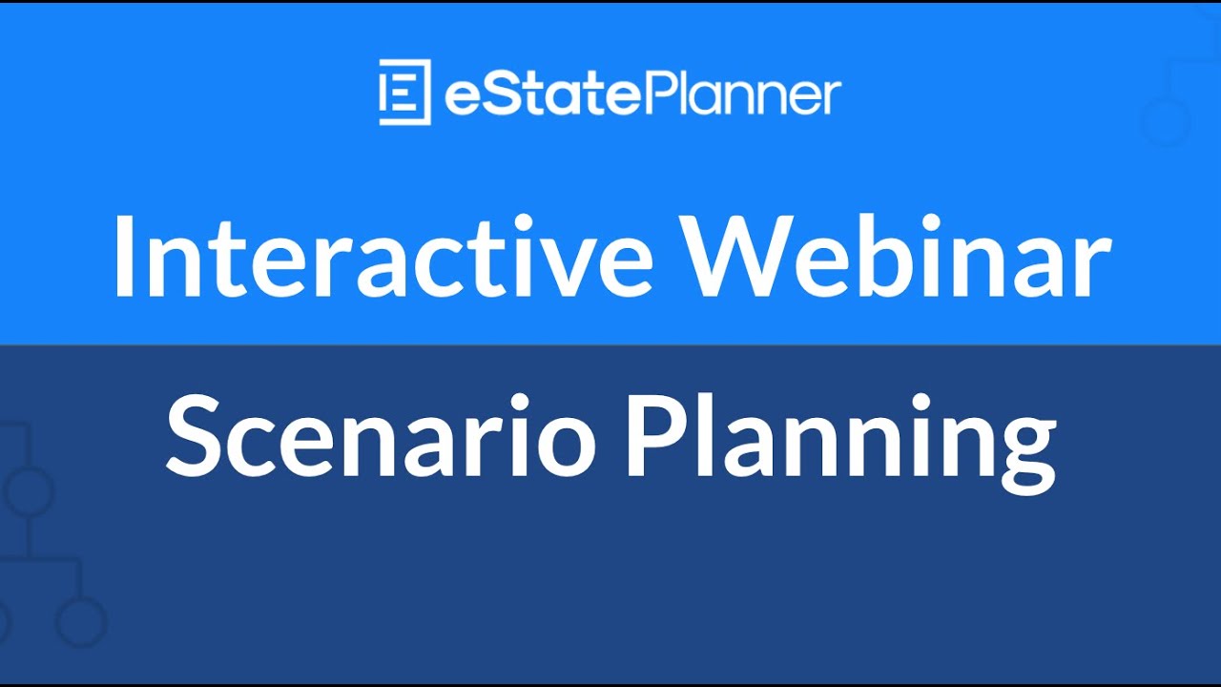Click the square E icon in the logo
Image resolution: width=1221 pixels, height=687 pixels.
404,92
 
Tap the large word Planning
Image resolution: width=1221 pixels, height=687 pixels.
839,440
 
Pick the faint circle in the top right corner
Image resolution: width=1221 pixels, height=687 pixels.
1166,122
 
